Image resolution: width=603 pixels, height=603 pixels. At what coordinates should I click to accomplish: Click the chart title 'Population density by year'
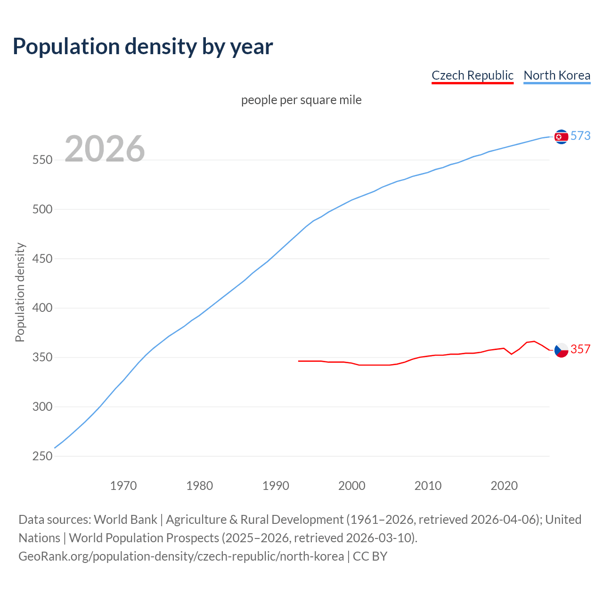(143, 47)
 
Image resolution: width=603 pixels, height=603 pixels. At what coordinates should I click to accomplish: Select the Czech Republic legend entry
(472, 75)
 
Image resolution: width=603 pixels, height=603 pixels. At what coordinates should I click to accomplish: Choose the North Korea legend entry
(557, 75)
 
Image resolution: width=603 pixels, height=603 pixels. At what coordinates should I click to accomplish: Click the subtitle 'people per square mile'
(301, 100)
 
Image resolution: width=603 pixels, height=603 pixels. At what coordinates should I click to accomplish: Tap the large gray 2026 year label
(105, 149)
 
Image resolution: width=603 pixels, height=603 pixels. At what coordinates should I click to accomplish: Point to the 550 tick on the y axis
(42, 160)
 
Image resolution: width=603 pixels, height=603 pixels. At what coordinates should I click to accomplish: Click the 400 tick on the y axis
(42, 308)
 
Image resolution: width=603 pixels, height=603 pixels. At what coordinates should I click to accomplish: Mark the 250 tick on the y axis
(42, 456)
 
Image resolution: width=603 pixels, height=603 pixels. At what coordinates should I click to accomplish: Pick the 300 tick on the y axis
(42, 407)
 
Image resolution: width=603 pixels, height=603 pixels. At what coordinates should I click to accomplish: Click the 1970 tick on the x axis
(123, 486)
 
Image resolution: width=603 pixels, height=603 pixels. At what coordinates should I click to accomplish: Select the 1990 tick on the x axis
(276, 486)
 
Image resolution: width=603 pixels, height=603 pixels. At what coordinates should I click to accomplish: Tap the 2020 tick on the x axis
(504, 486)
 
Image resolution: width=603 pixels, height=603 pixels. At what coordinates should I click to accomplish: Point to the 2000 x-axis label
(352, 486)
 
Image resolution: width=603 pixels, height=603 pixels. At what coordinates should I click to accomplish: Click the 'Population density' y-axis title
(20, 292)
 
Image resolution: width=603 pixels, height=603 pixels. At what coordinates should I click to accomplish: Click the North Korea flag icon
(561, 137)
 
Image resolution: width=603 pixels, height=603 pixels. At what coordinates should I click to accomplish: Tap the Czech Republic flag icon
(561, 350)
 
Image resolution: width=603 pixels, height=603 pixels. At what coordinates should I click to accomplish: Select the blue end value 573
(580, 136)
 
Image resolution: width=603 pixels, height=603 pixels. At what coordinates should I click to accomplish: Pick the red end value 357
(580, 350)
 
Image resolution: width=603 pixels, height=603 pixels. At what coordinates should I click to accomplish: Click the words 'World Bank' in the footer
(125, 520)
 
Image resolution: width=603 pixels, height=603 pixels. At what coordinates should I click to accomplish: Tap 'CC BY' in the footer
(370, 556)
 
